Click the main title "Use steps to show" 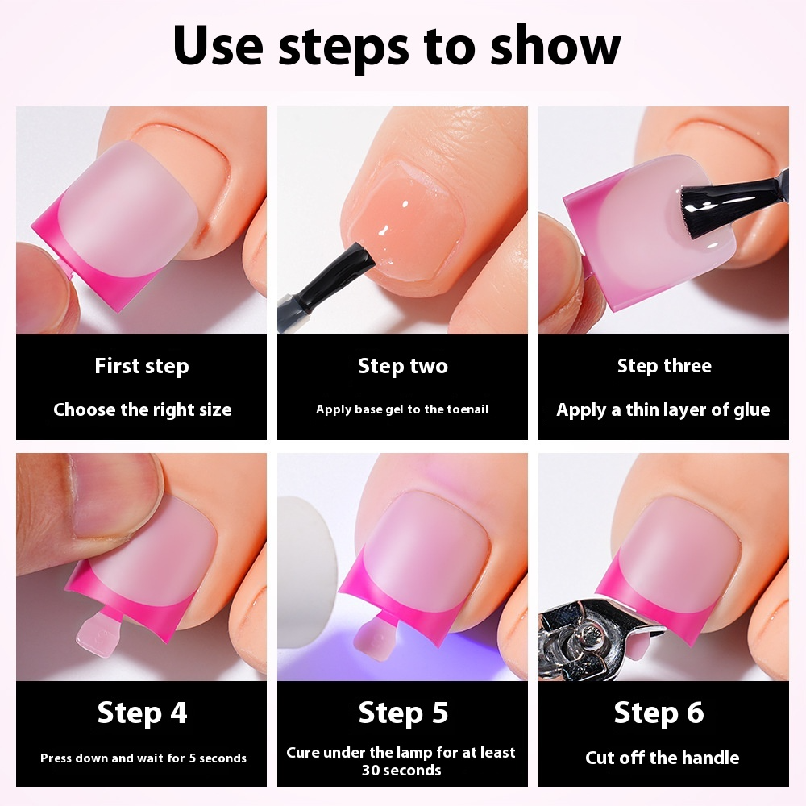point(397,47)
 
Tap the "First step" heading point(141,367)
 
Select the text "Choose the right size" point(142,409)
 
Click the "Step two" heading point(402,367)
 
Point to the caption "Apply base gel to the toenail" point(402,409)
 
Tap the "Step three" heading point(664,367)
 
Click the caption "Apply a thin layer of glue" point(663,409)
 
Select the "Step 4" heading point(142,713)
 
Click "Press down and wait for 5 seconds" point(143,758)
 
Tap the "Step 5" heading point(403,713)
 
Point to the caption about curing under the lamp point(401,761)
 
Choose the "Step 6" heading point(659,713)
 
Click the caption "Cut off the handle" point(662,758)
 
